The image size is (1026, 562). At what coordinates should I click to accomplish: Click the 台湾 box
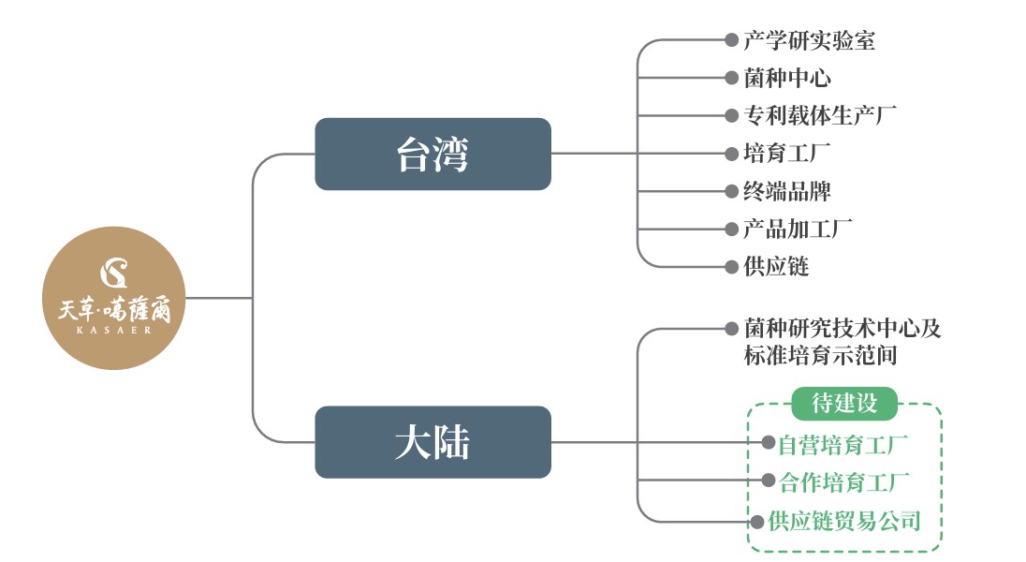point(432,154)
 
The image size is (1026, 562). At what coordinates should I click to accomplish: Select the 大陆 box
point(432,442)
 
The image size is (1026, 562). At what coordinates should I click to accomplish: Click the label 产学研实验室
point(810,40)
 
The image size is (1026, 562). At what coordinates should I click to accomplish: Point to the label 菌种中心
point(787,78)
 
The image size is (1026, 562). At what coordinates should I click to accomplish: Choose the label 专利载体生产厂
point(821,115)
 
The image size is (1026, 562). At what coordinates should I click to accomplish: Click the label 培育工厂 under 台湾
point(787,153)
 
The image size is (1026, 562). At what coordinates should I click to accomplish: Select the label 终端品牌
point(787,190)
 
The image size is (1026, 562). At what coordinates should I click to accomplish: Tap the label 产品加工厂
point(799,228)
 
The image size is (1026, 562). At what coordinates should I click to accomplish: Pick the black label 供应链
point(776,266)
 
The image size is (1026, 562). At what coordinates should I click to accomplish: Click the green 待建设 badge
point(844,404)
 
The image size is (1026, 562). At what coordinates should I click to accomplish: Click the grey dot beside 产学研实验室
point(731,40)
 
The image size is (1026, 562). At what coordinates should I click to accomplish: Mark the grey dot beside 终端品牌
point(731,191)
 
